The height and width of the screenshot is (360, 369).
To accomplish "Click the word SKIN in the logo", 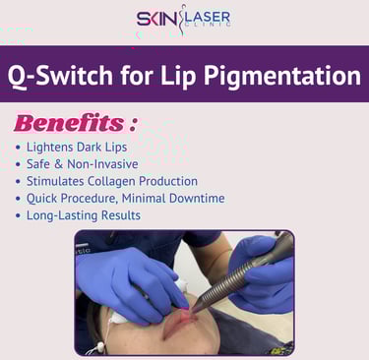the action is pyautogui.click(x=156, y=19).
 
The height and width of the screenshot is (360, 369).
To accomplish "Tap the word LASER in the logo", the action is pyautogui.click(x=209, y=17).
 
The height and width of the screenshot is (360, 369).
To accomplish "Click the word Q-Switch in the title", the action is pyautogui.click(x=60, y=76).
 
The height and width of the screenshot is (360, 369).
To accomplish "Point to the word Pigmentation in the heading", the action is pyautogui.click(x=282, y=77).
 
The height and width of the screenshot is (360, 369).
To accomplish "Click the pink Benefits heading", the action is pyautogui.click(x=69, y=123).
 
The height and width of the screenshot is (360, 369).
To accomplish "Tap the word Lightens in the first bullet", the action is pyautogui.click(x=49, y=148).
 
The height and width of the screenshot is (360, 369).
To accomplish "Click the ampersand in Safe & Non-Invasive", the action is pyautogui.click(x=58, y=164).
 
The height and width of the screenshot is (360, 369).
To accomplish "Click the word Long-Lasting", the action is pyautogui.click(x=62, y=215).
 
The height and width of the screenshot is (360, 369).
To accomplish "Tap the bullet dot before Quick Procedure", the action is pyautogui.click(x=19, y=199).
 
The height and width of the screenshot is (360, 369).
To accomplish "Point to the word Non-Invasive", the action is pyautogui.click(x=102, y=164).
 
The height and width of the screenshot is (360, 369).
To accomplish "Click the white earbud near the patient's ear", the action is pyautogui.click(x=98, y=347).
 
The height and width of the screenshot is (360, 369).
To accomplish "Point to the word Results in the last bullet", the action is pyautogui.click(x=121, y=215).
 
